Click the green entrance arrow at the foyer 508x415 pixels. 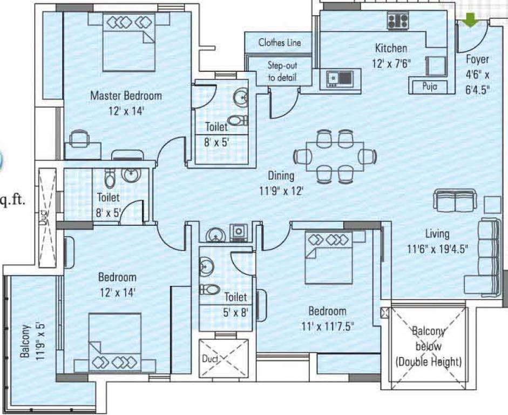click(x=471, y=20)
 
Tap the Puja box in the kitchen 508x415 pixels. click(x=426, y=86)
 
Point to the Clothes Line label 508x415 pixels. click(x=279, y=42)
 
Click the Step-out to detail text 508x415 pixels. click(x=282, y=71)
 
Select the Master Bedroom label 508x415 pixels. click(x=126, y=96)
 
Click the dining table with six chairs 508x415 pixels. click(x=334, y=156)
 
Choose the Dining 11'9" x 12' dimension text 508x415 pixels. click(x=281, y=183)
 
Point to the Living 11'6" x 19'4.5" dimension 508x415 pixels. click(x=437, y=241)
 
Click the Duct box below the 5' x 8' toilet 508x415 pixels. click(x=223, y=357)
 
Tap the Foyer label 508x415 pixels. click(x=477, y=59)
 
